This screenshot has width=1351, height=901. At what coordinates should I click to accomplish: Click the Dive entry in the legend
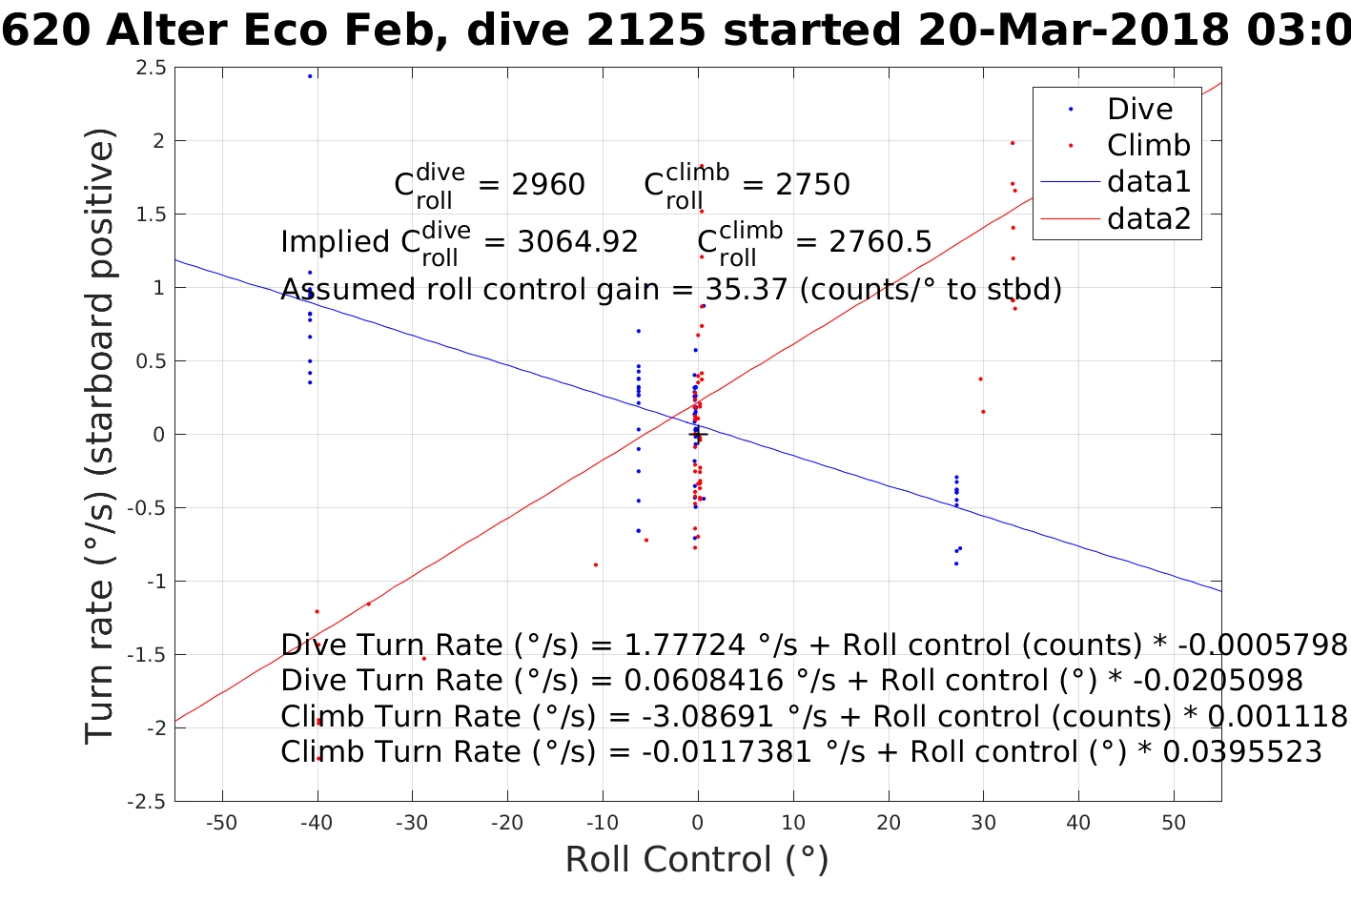pyautogui.click(x=1139, y=109)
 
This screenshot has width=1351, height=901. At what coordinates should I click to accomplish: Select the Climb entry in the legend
pyautogui.click(x=1148, y=145)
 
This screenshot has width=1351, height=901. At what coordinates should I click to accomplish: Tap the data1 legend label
pyautogui.click(x=1149, y=181)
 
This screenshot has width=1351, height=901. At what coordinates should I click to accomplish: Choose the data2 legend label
pyautogui.click(x=1149, y=218)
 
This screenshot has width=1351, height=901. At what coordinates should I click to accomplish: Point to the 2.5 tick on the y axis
pyautogui.click(x=151, y=68)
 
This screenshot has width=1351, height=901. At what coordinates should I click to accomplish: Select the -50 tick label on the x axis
pyautogui.click(x=222, y=823)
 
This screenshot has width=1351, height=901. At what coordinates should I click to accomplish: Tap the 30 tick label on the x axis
pyautogui.click(x=983, y=823)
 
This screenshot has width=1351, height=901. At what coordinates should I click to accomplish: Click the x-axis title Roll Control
pyautogui.click(x=697, y=859)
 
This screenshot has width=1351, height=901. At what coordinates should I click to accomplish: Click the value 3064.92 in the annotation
pyautogui.click(x=578, y=242)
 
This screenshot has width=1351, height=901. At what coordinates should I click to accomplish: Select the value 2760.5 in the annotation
pyautogui.click(x=880, y=242)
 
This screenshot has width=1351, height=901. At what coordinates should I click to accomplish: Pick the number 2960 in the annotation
pyautogui.click(x=548, y=185)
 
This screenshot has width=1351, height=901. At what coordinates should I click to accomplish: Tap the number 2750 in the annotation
pyautogui.click(x=812, y=185)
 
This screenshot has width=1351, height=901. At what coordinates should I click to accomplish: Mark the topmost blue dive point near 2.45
pyautogui.click(x=310, y=76)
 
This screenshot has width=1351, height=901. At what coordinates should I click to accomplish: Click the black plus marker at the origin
pyautogui.click(x=698, y=435)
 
